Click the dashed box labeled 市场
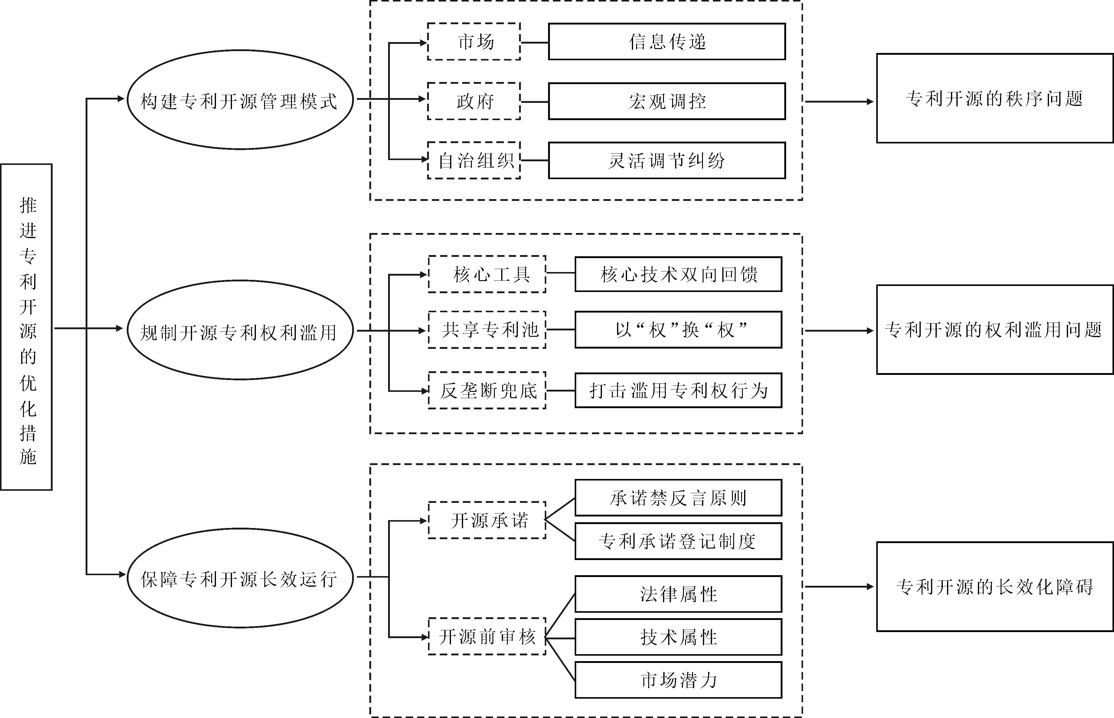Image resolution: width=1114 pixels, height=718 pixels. click(x=474, y=41)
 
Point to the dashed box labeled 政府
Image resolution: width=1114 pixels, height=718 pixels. click(x=474, y=101)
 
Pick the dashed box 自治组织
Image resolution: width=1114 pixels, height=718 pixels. click(x=474, y=160)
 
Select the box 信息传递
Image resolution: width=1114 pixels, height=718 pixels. click(x=667, y=41)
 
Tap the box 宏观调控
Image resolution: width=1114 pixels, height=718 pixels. click(x=667, y=101)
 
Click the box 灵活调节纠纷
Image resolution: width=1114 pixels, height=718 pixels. click(x=667, y=160)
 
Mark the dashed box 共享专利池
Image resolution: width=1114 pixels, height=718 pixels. click(x=487, y=329)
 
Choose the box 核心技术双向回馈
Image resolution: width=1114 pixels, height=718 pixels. click(x=678, y=274)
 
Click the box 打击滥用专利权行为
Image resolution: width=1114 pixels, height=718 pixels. click(x=678, y=390)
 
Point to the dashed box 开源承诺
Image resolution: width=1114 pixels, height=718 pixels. click(x=487, y=520)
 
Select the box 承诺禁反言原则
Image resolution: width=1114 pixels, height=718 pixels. click(x=678, y=498)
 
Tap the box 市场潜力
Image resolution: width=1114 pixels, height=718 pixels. click(x=678, y=680)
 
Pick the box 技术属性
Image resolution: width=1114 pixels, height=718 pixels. click(x=678, y=637)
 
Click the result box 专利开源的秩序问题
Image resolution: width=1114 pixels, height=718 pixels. click(x=995, y=98)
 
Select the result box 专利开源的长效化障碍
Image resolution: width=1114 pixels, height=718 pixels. click(x=995, y=586)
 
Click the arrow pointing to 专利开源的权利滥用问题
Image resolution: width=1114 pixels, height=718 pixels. click(x=839, y=331)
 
